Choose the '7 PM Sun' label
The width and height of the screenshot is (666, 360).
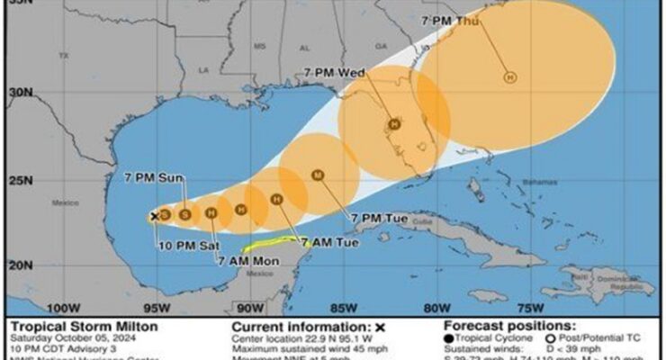[153, 179]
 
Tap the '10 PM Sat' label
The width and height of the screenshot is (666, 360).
[179, 245]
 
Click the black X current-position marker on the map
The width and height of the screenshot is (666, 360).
[155, 216]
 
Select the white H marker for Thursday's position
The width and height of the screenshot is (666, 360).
[510, 78]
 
